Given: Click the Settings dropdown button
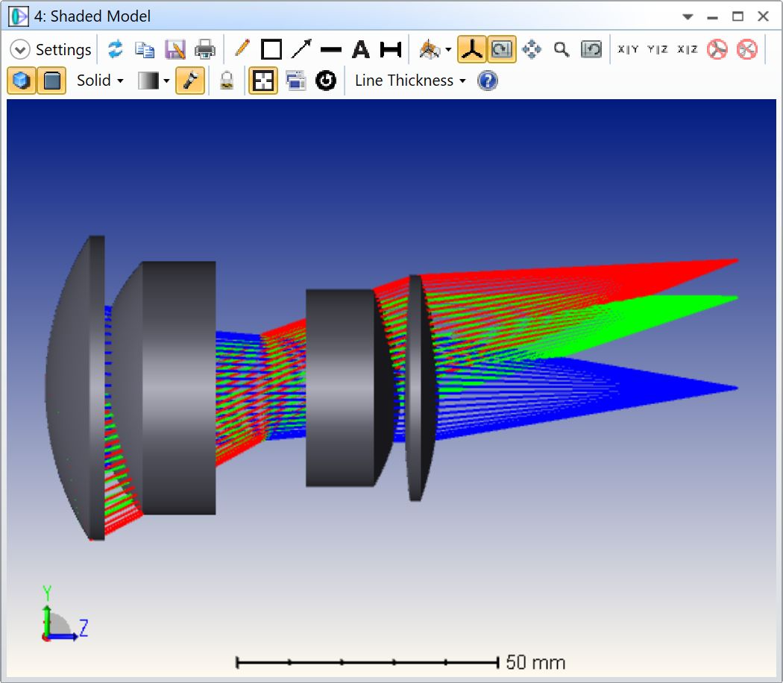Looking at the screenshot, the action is coord(51,49).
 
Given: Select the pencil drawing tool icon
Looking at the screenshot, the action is coord(242,49).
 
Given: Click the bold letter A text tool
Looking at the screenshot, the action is coord(360,49).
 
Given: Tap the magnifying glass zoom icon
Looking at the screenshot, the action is coord(562,49).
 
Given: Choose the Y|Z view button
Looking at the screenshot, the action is coord(657,49).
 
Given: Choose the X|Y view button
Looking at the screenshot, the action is coord(628,49).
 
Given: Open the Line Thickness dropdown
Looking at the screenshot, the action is coord(410,81).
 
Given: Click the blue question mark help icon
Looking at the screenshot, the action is coord(488,81).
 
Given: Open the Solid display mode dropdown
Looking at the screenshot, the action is coord(100,81).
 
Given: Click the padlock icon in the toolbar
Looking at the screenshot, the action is coord(227,81).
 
